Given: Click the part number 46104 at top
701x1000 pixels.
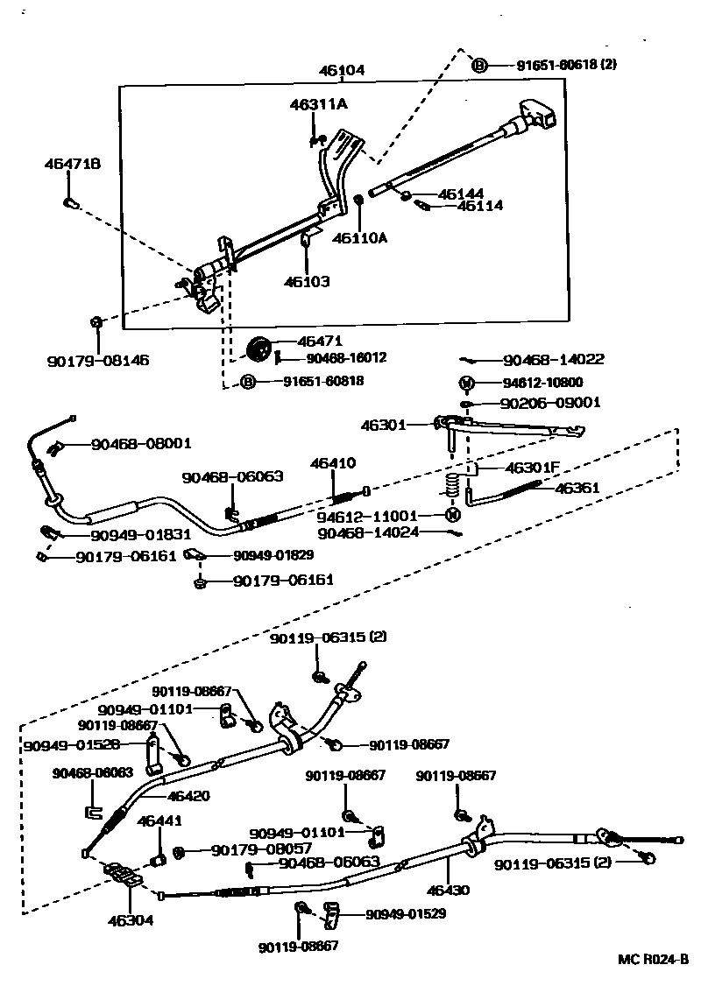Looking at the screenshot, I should [x=343, y=71].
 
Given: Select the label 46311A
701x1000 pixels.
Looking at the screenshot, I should [x=319, y=104].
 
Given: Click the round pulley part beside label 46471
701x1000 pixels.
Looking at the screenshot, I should [x=258, y=348].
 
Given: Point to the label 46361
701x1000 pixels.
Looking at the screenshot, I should [x=577, y=488].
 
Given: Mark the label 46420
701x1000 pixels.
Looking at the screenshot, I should [x=188, y=796].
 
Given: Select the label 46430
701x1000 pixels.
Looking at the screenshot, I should [x=448, y=891].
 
